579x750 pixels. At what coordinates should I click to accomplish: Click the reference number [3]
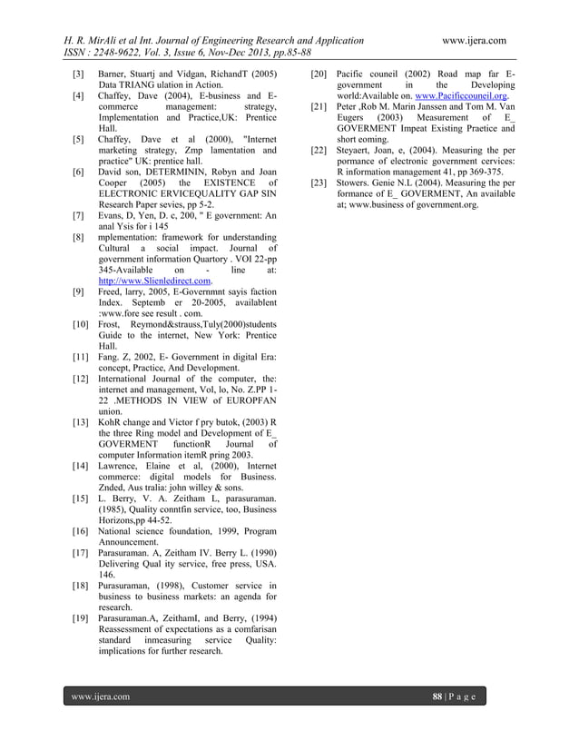pos(79,72)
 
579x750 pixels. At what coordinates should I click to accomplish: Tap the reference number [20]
pos(319,72)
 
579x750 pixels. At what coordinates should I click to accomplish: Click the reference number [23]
pos(319,183)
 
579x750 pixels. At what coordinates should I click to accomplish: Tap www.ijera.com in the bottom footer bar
pos(102,696)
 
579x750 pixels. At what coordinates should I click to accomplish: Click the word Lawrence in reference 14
pos(123,466)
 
